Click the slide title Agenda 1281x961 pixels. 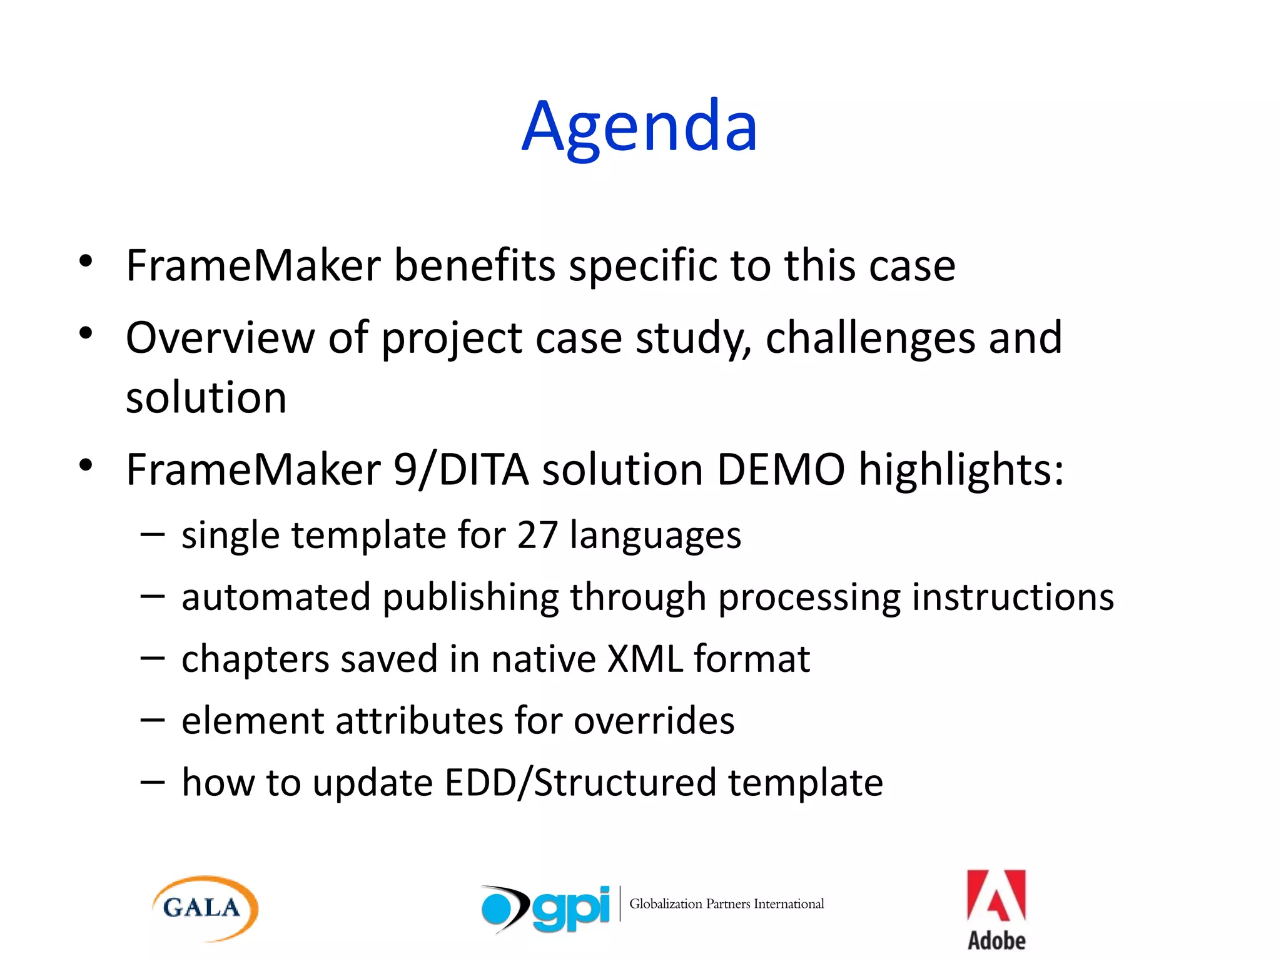[x=639, y=128]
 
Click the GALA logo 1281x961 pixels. [x=205, y=908]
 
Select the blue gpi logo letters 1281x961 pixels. [x=571, y=908]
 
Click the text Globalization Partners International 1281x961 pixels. [x=726, y=904]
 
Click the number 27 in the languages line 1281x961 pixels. [x=537, y=536]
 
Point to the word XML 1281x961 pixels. [x=645, y=659]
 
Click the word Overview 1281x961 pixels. [x=220, y=338]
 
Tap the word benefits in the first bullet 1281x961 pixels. [x=474, y=266]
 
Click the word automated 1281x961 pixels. [x=276, y=597]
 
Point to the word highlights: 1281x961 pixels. [x=961, y=470]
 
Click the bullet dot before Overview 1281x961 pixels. [x=86, y=332]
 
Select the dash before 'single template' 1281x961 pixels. [x=153, y=536]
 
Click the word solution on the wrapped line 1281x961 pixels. [x=206, y=398]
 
